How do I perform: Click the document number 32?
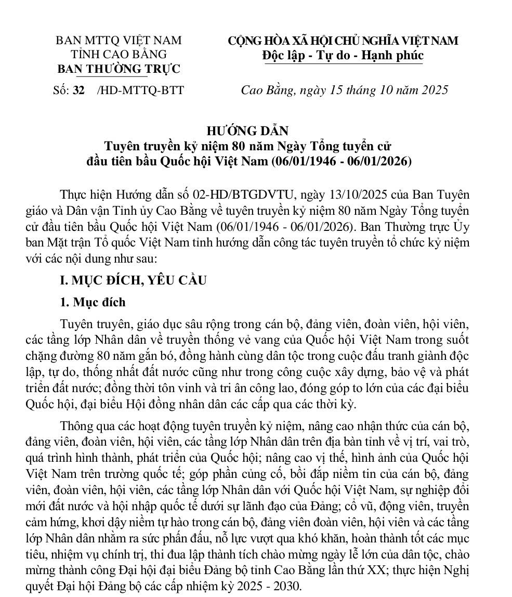point(79,90)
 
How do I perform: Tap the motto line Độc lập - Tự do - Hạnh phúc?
point(343,55)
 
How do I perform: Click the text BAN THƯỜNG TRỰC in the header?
point(119,69)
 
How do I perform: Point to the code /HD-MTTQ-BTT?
point(140,90)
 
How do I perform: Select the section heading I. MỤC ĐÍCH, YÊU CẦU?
point(133,281)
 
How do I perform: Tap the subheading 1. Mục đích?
point(93,302)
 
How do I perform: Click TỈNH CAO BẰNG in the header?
point(119,54)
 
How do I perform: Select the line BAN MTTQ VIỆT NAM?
point(119,41)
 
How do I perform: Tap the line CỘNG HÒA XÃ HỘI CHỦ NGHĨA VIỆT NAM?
point(343,41)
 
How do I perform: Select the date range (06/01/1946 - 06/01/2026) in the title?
point(342,161)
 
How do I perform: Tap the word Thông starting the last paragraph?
point(77,426)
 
